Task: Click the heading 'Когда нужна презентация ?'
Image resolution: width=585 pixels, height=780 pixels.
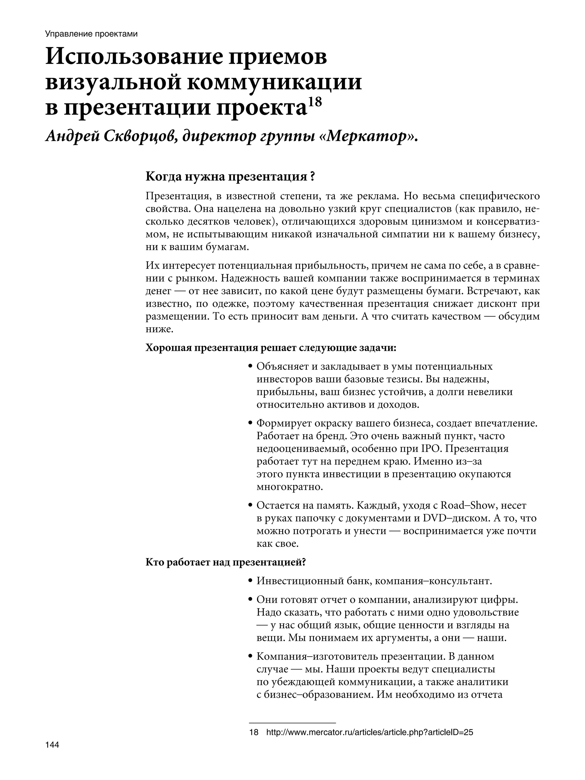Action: (230, 176)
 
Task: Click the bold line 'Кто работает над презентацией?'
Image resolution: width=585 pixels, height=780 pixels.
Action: (225, 562)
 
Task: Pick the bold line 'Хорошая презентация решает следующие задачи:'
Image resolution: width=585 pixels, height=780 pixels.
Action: (271, 348)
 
